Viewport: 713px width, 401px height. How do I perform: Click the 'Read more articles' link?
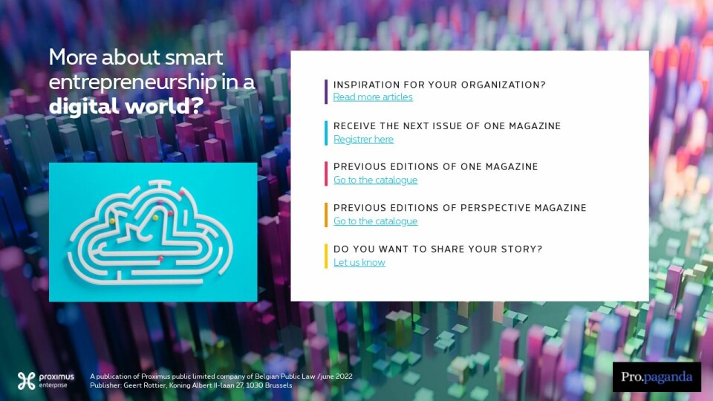[373, 97]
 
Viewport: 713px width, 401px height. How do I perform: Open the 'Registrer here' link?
[363, 139]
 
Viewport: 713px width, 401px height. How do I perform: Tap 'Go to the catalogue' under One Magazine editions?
[375, 180]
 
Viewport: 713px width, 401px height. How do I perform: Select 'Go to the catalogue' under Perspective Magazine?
[375, 221]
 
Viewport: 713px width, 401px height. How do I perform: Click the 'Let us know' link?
[359, 262]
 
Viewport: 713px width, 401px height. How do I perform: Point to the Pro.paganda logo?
[657, 377]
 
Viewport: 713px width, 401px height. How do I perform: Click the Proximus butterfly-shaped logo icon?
[27, 380]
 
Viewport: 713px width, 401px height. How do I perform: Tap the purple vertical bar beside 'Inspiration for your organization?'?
[326, 92]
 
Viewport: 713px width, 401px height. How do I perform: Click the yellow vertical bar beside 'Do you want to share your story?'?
[326, 256]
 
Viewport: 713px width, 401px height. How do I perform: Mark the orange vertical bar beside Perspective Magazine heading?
[326, 215]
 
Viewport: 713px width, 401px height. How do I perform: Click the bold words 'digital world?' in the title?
[126, 106]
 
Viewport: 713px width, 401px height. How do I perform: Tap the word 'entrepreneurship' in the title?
[133, 82]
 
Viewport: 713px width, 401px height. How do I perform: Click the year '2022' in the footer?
[343, 376]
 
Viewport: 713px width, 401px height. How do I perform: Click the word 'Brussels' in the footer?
[279, 385]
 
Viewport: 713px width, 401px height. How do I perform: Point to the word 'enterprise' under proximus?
[53, 385]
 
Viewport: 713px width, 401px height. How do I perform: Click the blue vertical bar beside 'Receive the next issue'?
[326, 133]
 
